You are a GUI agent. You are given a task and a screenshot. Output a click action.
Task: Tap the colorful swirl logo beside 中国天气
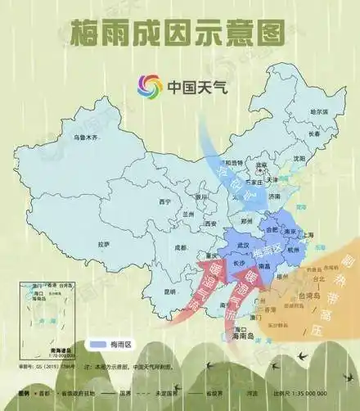click(149, 84)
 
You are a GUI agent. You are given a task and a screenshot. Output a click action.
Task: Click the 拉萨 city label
click(103, 243)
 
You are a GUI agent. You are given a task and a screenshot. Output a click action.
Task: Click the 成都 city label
click(182, 247)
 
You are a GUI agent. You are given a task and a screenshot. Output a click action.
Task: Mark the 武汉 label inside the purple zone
click(242, 245)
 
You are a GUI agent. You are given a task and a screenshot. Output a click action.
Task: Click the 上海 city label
click(308, 235)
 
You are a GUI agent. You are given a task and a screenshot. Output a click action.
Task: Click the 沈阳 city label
click(299, 158)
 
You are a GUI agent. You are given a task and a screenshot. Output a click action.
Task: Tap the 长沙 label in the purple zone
click(238, 264)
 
